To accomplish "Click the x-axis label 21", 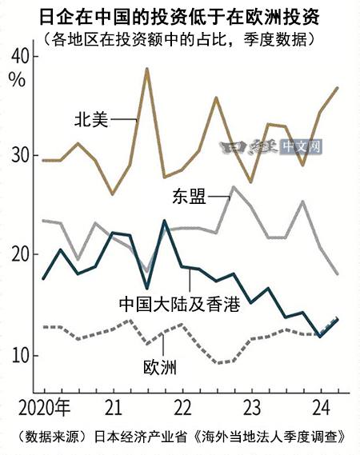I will tap(113, 402).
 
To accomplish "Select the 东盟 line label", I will tap(186, 197).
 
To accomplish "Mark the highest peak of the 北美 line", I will tap(146, 69).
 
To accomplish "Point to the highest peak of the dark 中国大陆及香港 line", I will tap(164, 221).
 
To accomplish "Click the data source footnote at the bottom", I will tap(179, 437).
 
